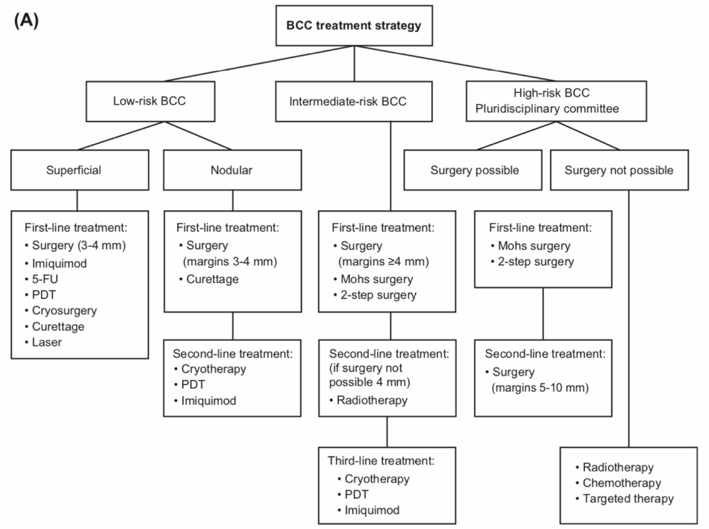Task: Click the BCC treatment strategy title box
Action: pos(354,26)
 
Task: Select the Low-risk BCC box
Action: pos(150,101)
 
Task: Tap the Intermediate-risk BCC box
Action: pos(353,102)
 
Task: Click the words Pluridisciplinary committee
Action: pos(547,109)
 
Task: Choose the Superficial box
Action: pos(79,170)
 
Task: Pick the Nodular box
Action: pos(232,170)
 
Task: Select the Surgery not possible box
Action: pos(619,170)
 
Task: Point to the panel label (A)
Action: pos(26,20)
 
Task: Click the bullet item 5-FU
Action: pos(45,279)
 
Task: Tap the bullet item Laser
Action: pos(46,342)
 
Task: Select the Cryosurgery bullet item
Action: pos(64,310)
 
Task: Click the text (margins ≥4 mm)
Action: pos(383,262)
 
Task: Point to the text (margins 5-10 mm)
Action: pos(540,388)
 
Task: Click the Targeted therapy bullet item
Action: pos(628,498)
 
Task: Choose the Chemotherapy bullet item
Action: pos(621,483)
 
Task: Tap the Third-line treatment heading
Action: pos(381,460)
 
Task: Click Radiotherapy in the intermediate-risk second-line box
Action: pos(372,400)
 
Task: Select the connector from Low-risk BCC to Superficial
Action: pos(121,136)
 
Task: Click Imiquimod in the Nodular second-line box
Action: pos(208,401)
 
